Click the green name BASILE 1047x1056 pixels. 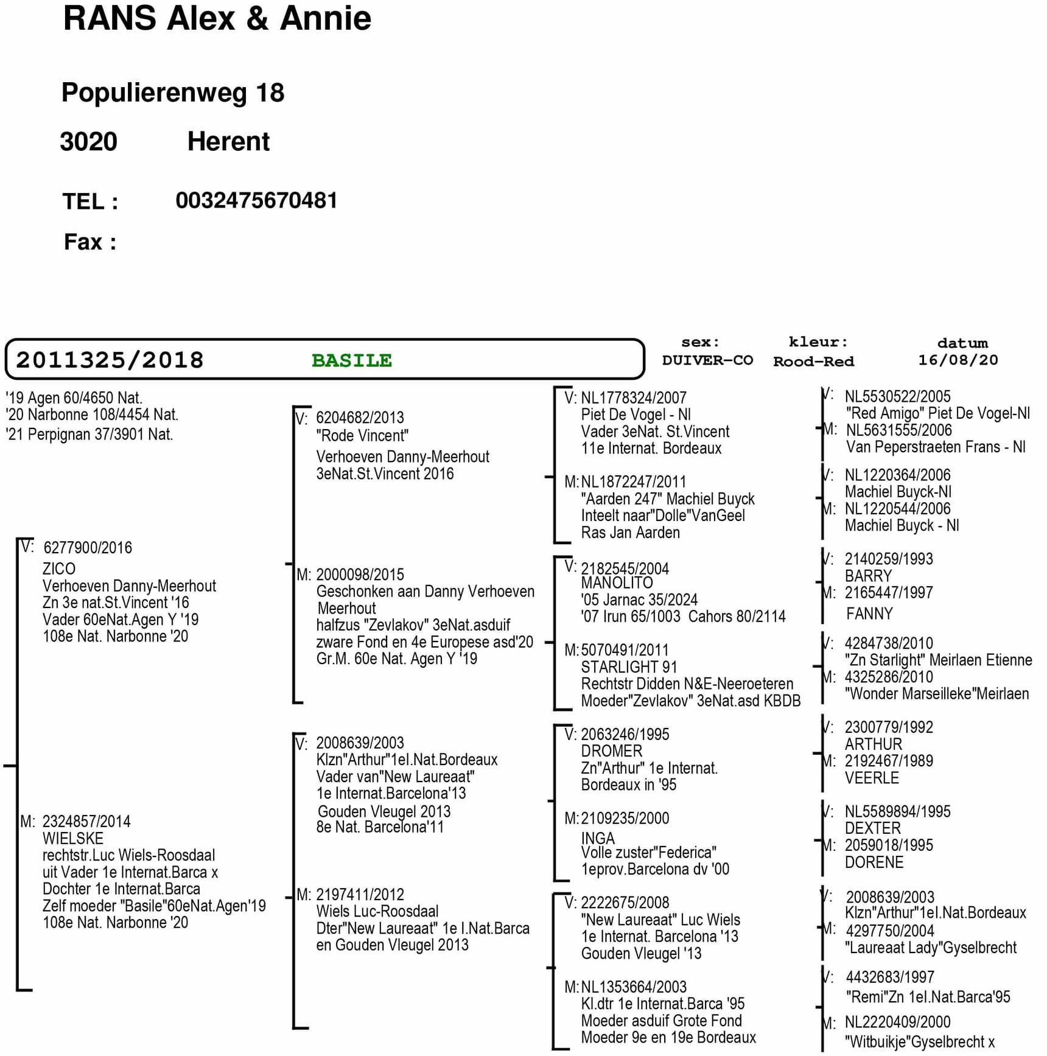coord(351,360)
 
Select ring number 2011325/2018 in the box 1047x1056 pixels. coord(110,360)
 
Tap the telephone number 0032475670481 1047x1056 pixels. coord(256,200)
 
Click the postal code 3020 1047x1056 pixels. coord(88,142)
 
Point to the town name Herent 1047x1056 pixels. coord(228,142)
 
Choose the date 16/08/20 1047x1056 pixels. coord(958,360)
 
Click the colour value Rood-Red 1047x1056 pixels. coord(813,362)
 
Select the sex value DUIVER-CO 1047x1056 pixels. coord(707,360)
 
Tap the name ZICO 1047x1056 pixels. coord(59,568)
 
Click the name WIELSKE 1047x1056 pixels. coord(73,838)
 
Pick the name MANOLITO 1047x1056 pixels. coord(617,582)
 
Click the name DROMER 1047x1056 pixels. coord(612,750)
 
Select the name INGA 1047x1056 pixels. coord(598,838)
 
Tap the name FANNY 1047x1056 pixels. coord(869,614)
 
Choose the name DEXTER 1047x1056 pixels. coord(872,828)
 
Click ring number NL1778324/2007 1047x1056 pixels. coord(633,397)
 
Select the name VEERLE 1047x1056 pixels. coord(872,778)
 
